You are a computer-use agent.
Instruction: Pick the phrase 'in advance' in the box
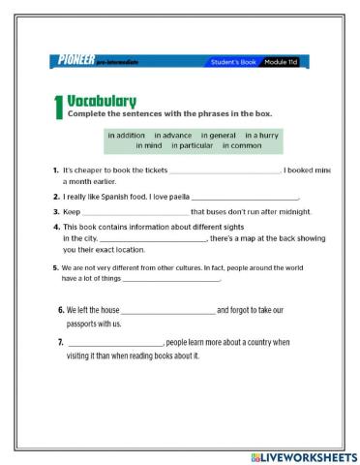(173, 135)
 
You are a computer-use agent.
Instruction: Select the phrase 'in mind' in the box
(148, 145)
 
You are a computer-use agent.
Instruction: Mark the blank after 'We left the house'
(168, 311)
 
